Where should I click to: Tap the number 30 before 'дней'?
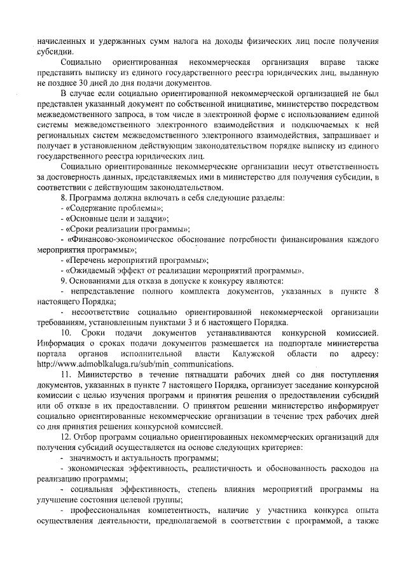tap(95, 83)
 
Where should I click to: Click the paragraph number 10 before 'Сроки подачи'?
tap(66, 333)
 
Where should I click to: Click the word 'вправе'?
tap(329, 63)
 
